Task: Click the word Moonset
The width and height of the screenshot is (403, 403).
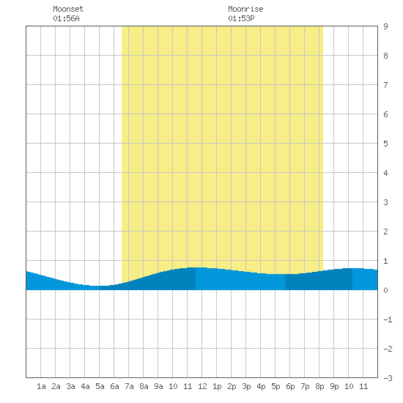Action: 68,9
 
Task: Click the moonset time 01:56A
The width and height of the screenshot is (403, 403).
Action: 66,18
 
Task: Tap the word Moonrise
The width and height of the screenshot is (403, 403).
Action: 245,9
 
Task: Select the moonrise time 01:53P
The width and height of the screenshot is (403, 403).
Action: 241,18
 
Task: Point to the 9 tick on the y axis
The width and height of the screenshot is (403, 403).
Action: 385,26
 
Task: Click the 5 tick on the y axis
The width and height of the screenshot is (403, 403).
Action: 385,144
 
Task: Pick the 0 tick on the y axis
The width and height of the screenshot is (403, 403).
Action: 385,290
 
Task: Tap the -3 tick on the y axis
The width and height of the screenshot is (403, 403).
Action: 388,378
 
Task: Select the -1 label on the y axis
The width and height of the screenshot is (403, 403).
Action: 388,319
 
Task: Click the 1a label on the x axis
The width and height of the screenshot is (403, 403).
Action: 41,386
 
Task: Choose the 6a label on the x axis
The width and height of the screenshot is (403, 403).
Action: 114,386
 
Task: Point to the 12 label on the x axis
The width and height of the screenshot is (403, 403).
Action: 202,386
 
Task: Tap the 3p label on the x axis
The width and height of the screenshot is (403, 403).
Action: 246,386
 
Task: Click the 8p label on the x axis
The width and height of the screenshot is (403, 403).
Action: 319,386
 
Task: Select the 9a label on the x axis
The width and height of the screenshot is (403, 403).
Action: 158,386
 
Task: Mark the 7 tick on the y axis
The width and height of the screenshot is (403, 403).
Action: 385,85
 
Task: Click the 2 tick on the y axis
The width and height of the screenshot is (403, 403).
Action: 385,232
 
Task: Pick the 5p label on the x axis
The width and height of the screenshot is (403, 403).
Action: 276,386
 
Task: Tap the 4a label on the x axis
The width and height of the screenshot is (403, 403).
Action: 85,386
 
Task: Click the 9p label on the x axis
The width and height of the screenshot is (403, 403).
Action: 334,386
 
